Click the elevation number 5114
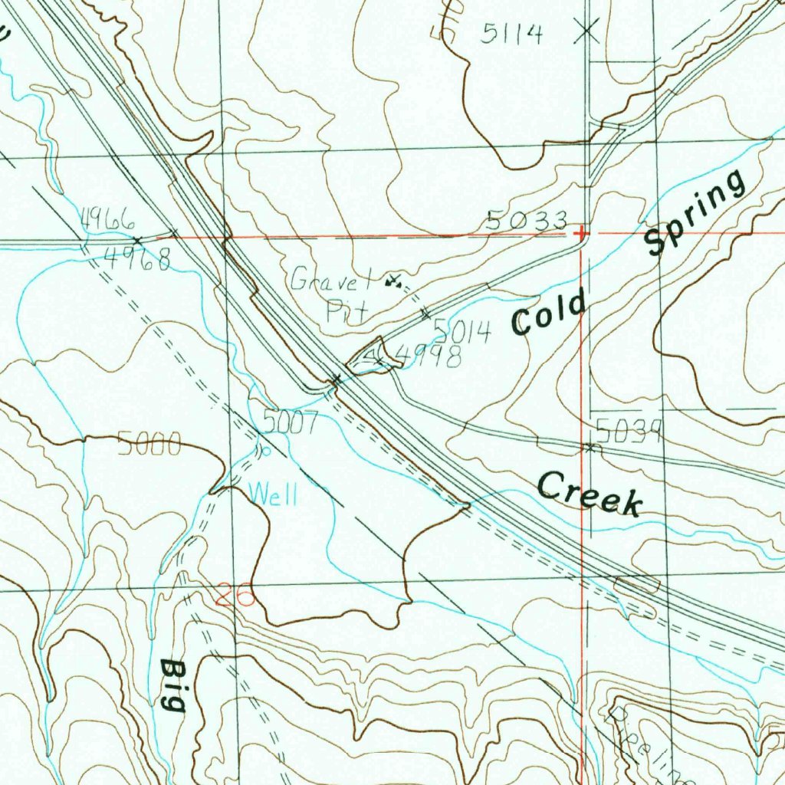point(513,33)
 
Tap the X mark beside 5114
point(587,31)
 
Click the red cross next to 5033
point(582,232)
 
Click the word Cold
point(549,312)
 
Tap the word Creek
point(589,494)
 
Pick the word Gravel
point(331,280)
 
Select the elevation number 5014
point(461,330)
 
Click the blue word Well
point(273,494)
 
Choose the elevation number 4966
point(108,221)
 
